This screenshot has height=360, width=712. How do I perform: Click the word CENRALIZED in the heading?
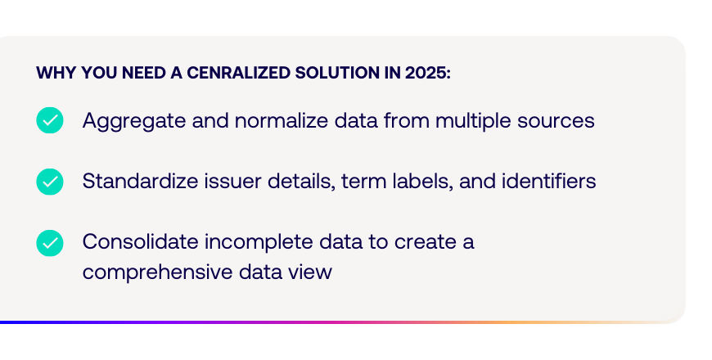tap(238, 73)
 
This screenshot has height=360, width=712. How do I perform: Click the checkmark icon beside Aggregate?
tap(50, 120)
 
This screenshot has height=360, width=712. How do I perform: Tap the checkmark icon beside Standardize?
tap(50, 182)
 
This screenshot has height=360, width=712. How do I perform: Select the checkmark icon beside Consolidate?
tap(50, 243)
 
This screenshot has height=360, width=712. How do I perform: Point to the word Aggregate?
tap(134, 122)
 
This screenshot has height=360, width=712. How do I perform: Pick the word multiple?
tap(473, 122)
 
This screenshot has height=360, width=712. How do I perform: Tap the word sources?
tap(556, 122)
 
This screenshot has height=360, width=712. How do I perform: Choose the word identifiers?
tap(548, 181)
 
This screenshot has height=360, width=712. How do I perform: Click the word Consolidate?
tap(140, 241)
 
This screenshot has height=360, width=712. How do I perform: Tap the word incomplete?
tap(259, 242)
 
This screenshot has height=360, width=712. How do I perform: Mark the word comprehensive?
tap(158, 272)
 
